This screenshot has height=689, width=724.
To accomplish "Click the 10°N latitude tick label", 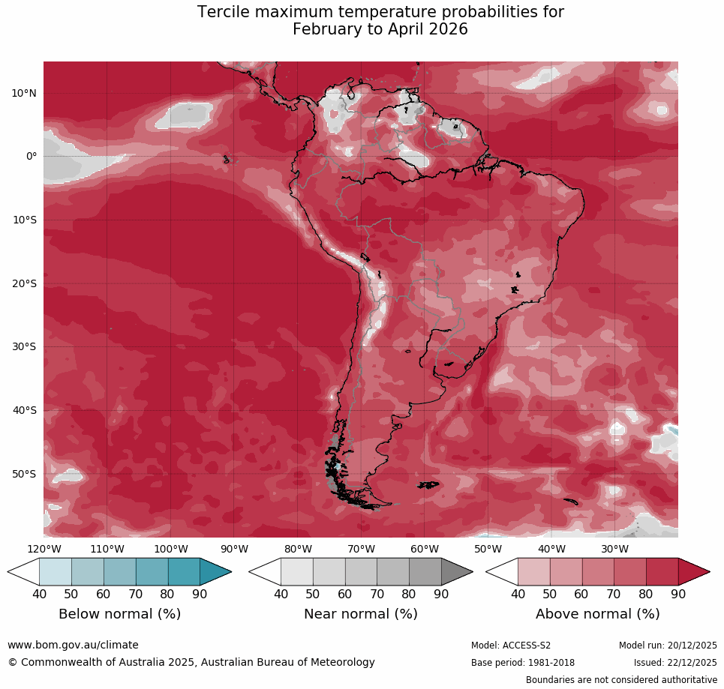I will pyautogui.click(x=24, y=93).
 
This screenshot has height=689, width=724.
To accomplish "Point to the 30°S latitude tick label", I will pyautogui.click(x=24, y=346).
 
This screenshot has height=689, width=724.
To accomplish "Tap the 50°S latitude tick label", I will pyautogui.click(x=24, y=474).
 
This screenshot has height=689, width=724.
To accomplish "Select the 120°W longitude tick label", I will pyautogui.click(x=44, y=549).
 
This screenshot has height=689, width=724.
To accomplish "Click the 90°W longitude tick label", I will pyautogui.click(x=234, y=549).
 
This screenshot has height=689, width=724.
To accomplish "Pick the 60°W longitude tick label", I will pyautogui.click(x=425, y=549).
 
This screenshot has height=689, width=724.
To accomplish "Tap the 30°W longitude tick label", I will pyautogui.click(x=615, y=549).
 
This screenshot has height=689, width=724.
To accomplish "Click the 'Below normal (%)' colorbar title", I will pyautogui.click(x=119, y=614).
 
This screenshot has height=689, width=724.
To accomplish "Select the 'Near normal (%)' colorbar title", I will pyautogui.click(x=360, y=614).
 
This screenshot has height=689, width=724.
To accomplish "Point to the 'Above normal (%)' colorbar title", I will pyautogui.click(x=597, y=614).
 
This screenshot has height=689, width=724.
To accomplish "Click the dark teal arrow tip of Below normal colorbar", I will pyautogui.click(x=218, y=572).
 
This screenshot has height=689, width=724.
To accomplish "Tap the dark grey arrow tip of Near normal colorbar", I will pyautogui.click(x=458, y=572).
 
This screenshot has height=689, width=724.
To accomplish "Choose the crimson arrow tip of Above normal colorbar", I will pyautogui.click(x=695, y=572).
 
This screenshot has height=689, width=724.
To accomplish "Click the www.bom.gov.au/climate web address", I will pyautogui.click(x=73, y=645).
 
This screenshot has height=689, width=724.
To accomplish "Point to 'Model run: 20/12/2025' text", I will pyautogui.click(x=668, y=646).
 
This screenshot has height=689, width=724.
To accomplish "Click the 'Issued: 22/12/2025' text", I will pyautogui.click(x=675, y=663).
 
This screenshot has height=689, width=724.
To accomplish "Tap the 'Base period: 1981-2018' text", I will pyautogui.click(x=522, y=663).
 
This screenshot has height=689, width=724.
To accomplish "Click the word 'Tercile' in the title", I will pyautogui.click(x=225, y=13).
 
